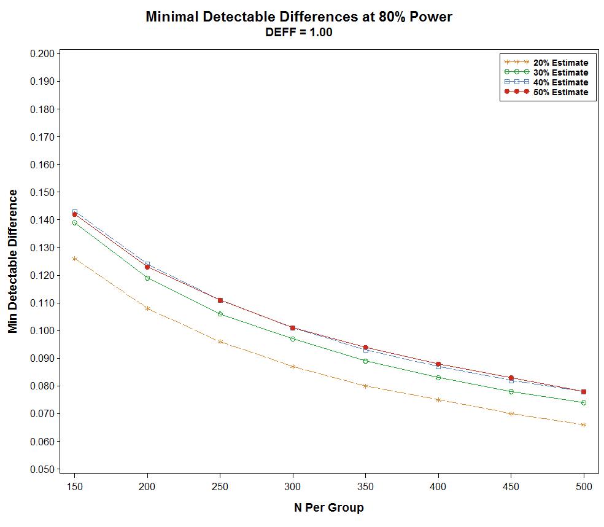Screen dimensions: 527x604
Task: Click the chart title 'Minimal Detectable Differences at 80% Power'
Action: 299,17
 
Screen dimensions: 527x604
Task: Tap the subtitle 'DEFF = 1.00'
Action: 299,33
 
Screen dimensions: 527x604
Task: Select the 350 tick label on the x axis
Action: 365,486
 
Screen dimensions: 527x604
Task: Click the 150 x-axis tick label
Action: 74,486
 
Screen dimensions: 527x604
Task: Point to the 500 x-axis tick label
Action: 584,486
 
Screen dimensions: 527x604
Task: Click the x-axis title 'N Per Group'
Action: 329,508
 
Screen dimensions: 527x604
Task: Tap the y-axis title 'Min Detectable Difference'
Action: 13,261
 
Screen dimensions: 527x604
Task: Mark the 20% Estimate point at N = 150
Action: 74,259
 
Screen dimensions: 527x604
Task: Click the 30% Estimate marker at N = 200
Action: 147,278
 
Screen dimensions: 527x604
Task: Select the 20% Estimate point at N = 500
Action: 584,424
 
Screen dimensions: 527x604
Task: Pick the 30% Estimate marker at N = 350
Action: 365,361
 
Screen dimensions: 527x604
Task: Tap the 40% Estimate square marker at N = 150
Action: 74,211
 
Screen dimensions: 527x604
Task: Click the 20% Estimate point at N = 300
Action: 293,367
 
